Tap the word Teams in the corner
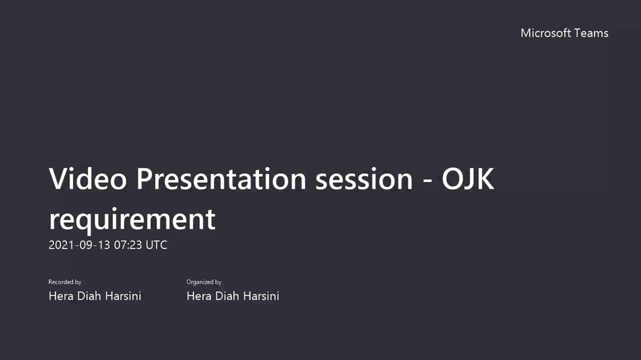click(x=591, y=33)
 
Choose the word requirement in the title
click(x=132, y=218)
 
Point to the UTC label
click(x=157, y=245)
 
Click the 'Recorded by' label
click(x=65, y=282)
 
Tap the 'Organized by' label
click(x=204, y=282)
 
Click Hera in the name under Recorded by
click(x=60, y=296)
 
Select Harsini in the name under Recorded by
click(x=122, y=296)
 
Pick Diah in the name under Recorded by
click(x=87, y=296)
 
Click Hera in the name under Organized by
click(x=198, y=296)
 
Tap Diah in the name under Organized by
click(x=225, y=296)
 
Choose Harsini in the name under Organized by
click(x=260, y=296)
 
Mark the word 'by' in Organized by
click(x=218, y=282)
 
